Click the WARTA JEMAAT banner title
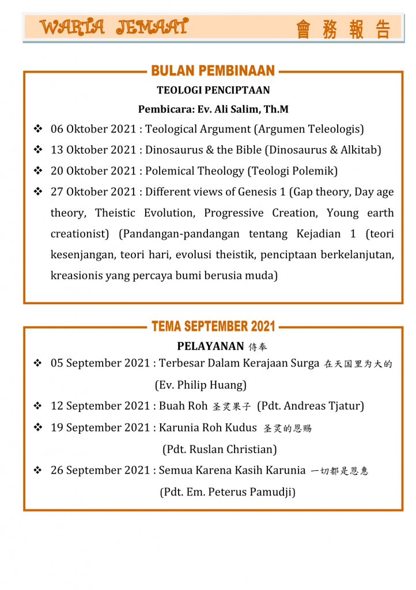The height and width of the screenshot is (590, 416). pyautogui.click(x=114, y=27)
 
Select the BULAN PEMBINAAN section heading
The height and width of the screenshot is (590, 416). pyautogui.click(x=213, y=71)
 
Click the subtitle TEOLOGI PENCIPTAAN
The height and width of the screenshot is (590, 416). pyautogui.click(x=213, y=90)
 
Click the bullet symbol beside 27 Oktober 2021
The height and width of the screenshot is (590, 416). pyautogui.click(x=39, y=192)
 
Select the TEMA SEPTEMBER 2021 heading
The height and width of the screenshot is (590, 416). pyautogui.click(x=213, y=327)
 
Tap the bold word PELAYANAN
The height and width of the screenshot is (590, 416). pyautogui.click(x=210, y=346)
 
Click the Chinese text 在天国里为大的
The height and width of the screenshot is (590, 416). pyautogui.click(x=359, y=364)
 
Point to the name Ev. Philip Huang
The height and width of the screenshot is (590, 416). pyautogui.click(x=201, y=384)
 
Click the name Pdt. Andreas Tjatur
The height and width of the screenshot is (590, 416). pyautogui.click(x=311, y=406)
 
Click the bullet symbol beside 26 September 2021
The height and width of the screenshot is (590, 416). pyautogui.click(x=39, y=470)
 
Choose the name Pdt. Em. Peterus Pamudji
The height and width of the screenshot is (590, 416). pyautogui.click(x=227, y=491)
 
